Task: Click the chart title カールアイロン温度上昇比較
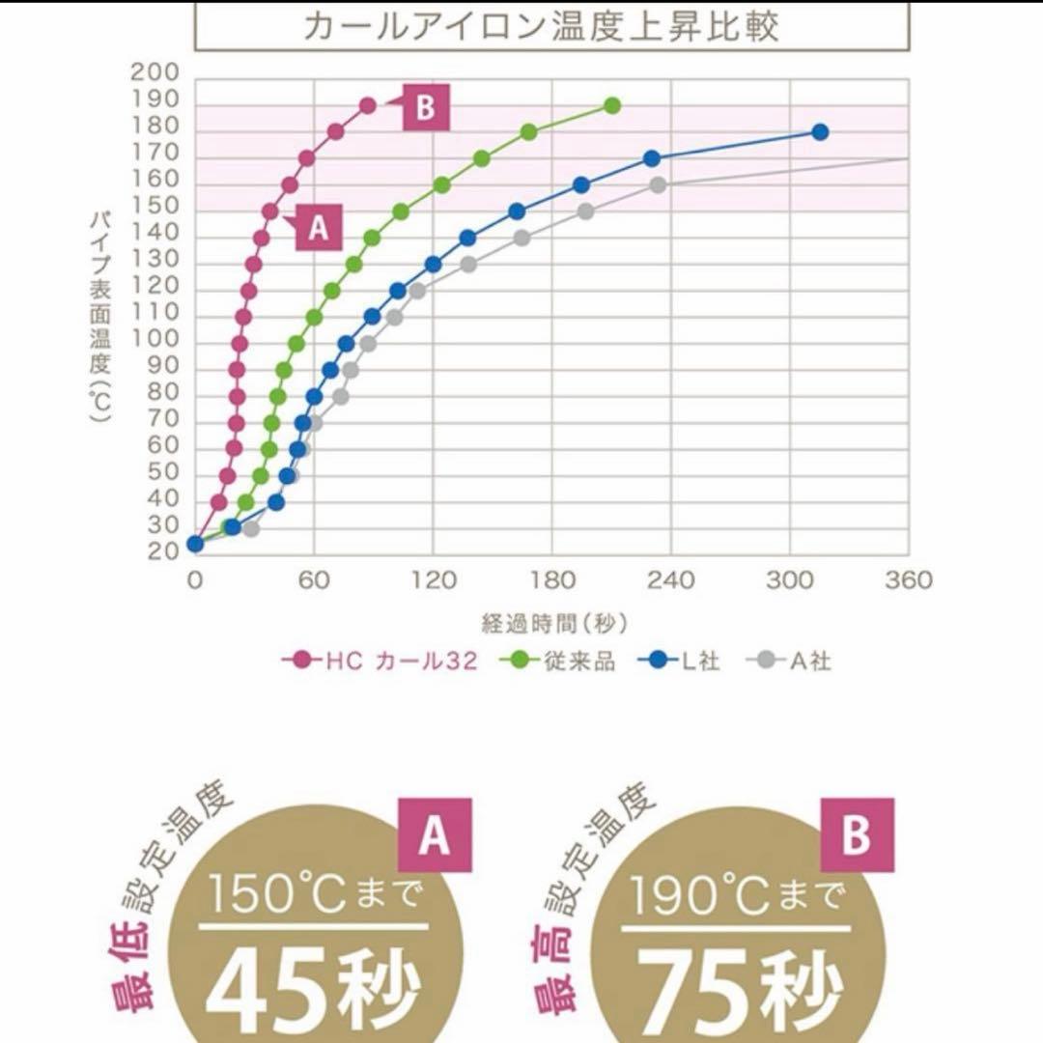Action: (x=540, y=25)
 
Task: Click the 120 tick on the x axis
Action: (x=433, y=579)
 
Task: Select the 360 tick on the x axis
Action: (x=908, y=579)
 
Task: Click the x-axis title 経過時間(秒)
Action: (x=550, y=623)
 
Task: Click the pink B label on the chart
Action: (x=425, y=107)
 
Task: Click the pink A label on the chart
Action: (x=318, y=228)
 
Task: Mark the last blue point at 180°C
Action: (x=820, y=132)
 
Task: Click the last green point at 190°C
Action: (x=612, y=105)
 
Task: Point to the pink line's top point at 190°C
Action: (x=368, y=105)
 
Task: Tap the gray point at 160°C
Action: (x=658, y=185)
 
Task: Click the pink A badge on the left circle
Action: (x=435, y=836)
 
